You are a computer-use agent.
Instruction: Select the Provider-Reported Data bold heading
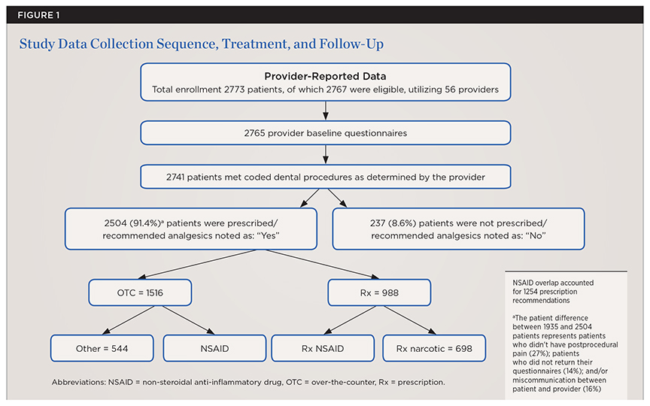324,77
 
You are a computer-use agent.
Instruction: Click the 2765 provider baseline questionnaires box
324,132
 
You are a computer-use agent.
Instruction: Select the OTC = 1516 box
141,292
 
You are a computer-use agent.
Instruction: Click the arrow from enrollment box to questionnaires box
324,111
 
